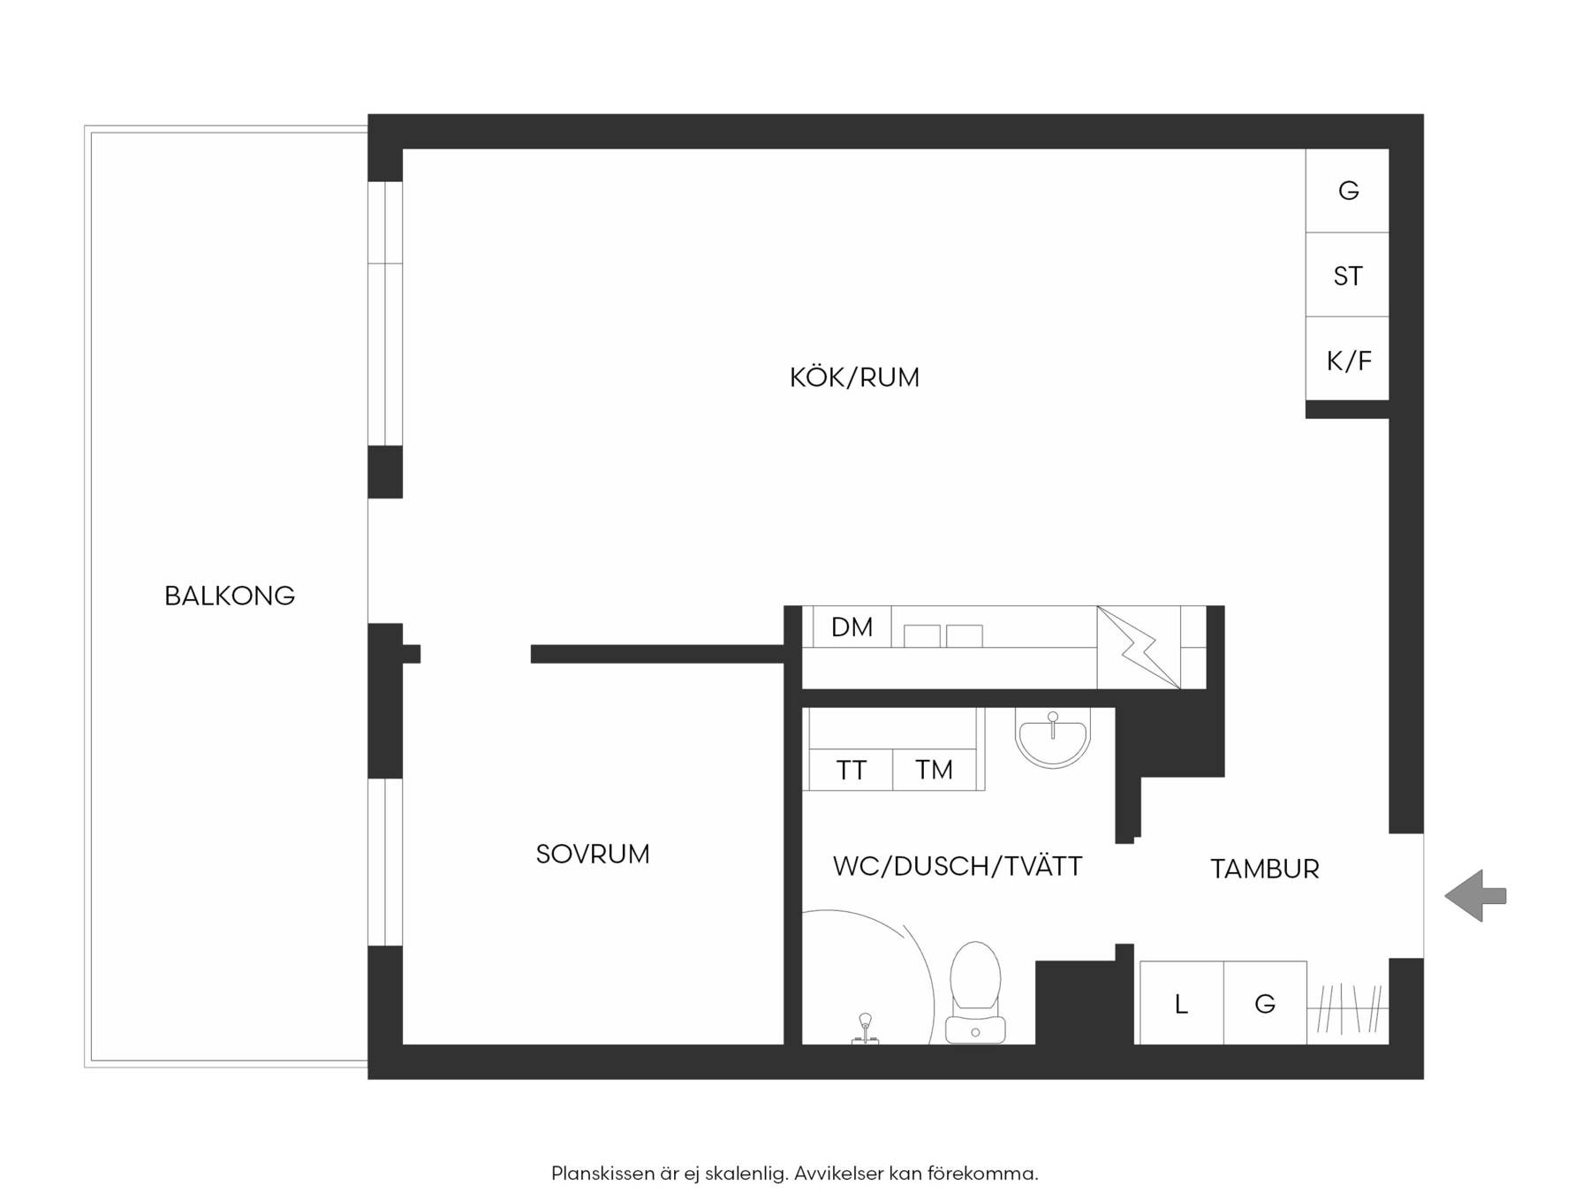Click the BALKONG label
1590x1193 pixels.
tap(230, 596)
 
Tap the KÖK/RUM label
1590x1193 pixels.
tap(854, 377)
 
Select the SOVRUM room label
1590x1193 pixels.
tap(593, 854)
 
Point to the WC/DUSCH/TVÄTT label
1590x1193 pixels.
tap(958, 866)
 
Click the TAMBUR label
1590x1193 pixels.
tap(1265, 869)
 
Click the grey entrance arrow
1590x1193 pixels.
tap(1475, 896)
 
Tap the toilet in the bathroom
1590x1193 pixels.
tap(975, 992)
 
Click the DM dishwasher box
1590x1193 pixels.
tap(852, 627)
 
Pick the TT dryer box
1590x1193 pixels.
tap(851, 770)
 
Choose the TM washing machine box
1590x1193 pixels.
tap(935, 770)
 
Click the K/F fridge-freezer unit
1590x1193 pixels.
tap(1347, 359)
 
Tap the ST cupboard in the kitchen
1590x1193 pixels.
tap(1347, 275)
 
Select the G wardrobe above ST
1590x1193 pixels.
tap(1347, 191)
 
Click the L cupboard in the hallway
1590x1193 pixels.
tap(1182, 1003)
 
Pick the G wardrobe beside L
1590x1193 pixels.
tap(1265, 1003)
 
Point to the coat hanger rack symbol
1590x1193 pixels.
tap(1348, 1008)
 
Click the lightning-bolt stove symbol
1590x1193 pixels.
tap(1139, 648)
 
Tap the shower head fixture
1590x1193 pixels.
tap(865, 1029)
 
